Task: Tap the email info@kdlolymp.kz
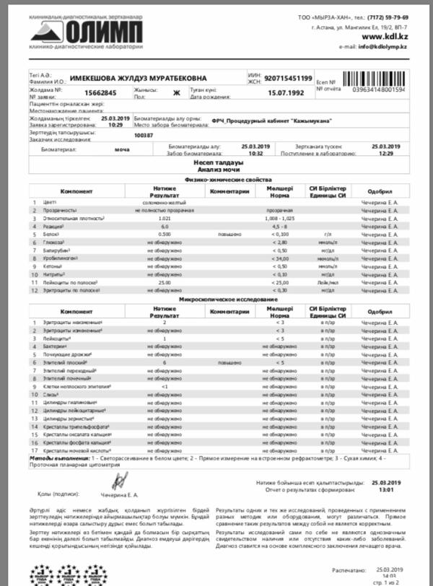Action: pyautogui.click(x=383, y=46)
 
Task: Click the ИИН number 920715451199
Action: pyautogui.click(x=289, y=78)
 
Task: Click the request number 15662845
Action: pyautogui.click(x=100, y=93)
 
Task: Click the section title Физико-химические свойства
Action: pyautogui.click(x=217, y=178)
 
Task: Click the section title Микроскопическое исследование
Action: pyautogui.click(x=217, y=298)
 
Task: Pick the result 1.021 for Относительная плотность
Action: pyautogui.click(x=164, y=218)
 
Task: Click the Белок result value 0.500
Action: pyautogui.click(x=164, y=235)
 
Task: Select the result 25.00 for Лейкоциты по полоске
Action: pyautogui.click(x=164, y=283)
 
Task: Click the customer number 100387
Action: pyautogui.click(x=144, y=135)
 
